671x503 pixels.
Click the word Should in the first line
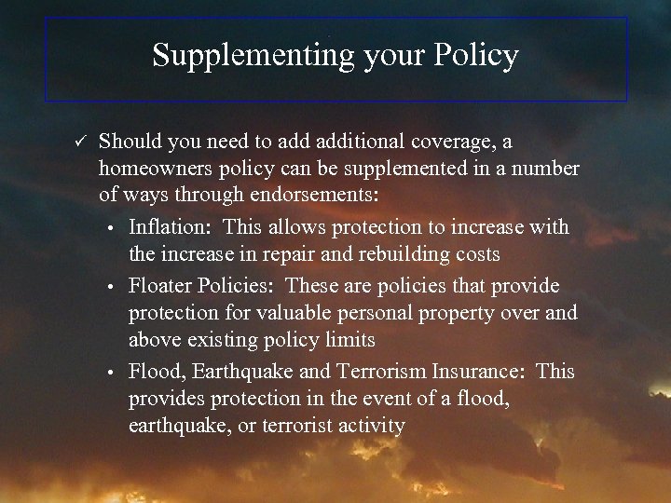click(130, 142)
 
